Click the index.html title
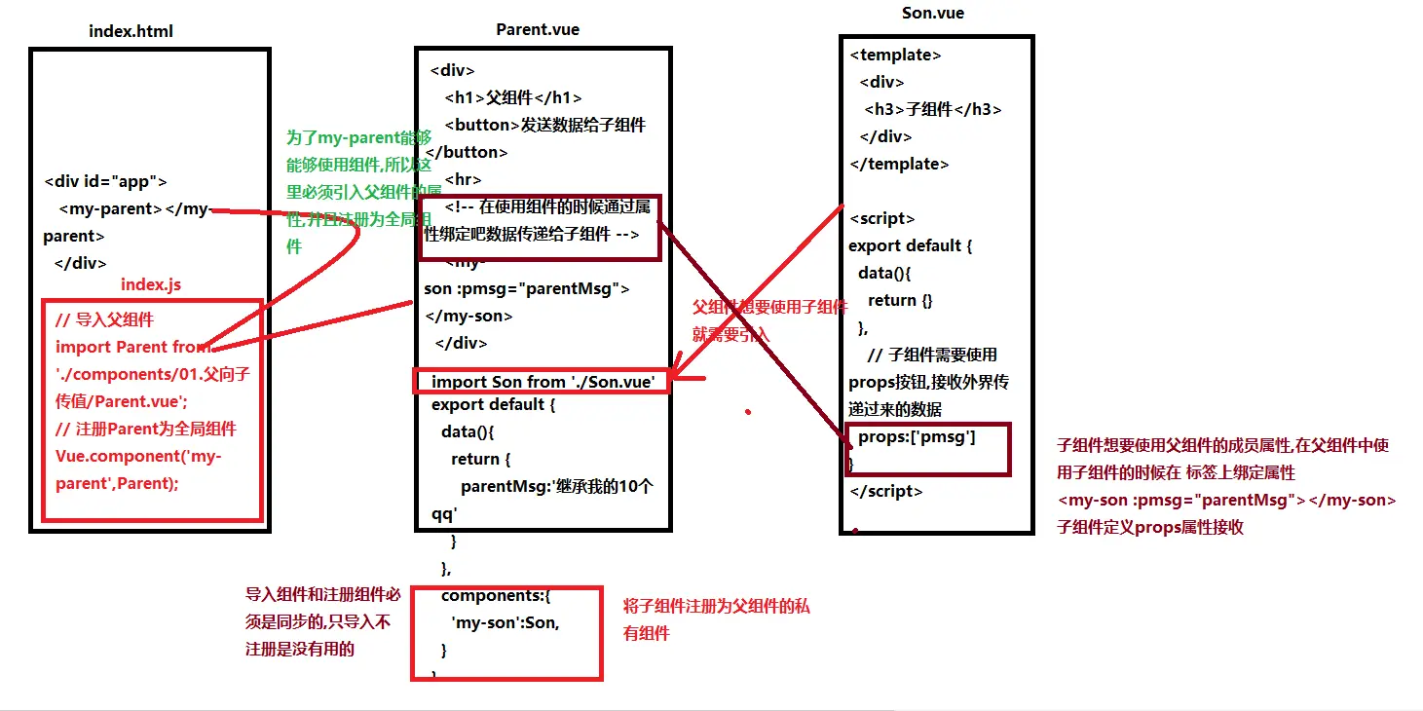pyautogui.click(x=131, y=31)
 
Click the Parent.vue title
pyautogui.click(x=538, y=29)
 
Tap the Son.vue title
pyautogui.click(x=933, y=14)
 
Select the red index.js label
pyautogui.click(x=151, y=284)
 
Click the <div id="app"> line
pyautogui.click(x=106, y=182)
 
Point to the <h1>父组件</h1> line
pyautogui.click(x=513, y=97)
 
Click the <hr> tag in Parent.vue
pyautogui.click(x=463, y=179)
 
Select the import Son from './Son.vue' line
pyautogui.click(x=543, y=382)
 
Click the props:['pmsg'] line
pyautogui.click(x=917, y=437)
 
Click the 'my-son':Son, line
pyautogui.click(x=505, y=623)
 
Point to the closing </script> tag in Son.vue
pyautogui.click(x=885, y=492)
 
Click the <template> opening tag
pyautogui.click(x=895, y=56)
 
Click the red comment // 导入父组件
pyautogui.click(x=104, y=319)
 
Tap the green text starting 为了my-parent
pyautogui.click(x=357, y=138)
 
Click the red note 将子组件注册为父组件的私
pyautogui.click(x=716, y=607)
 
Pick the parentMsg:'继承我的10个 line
pyautogui.click(x=556, y=486)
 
